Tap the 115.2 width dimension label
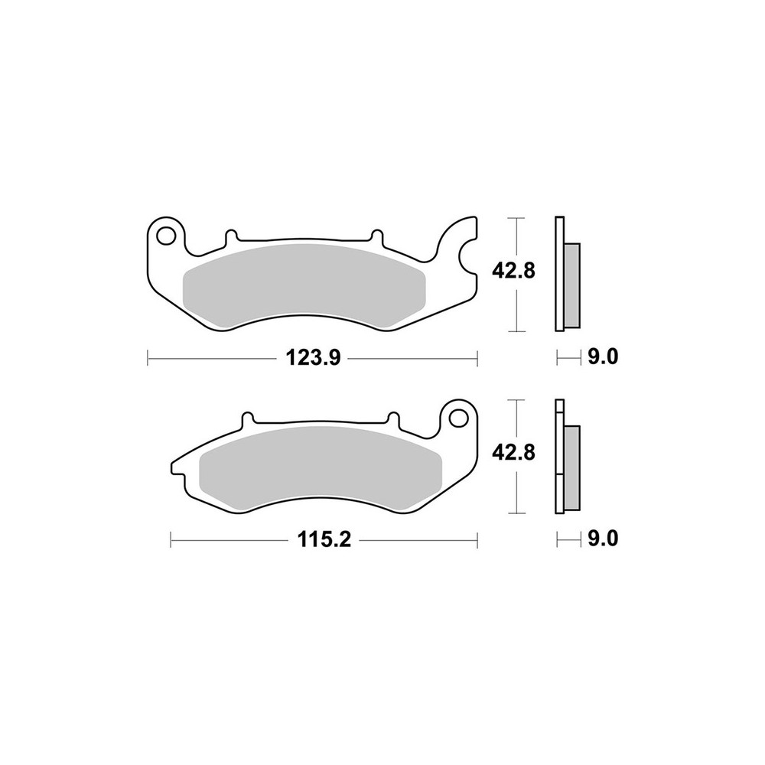[x=324, y=540]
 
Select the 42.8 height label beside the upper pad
[x=513, y=270]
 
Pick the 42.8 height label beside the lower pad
[x=513, y=453]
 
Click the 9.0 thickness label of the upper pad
[x=603, y=357]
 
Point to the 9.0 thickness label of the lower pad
[x=603, y=539]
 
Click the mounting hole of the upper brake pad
[x=166, y=236]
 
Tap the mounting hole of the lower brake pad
[x=458, y=418]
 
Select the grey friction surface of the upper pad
[x=304, y=286]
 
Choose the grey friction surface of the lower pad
[x=321, y=468]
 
